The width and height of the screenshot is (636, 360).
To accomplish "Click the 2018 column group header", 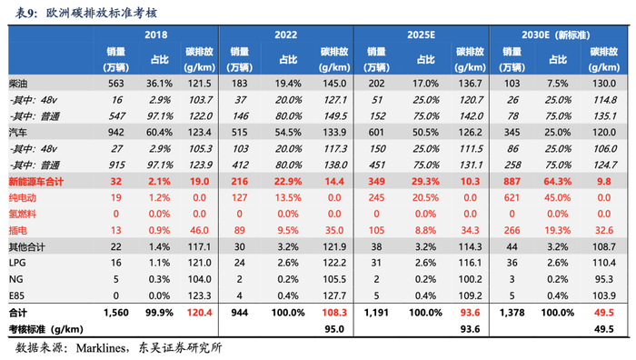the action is (x=155, y=35).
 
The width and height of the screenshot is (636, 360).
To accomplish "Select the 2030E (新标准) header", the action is (x=555, y=35).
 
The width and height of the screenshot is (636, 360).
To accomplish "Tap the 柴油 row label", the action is (x=18, y=84).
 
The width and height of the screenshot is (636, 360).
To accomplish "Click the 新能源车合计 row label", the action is (x=36, y=182).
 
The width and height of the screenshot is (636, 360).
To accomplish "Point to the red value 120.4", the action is (x=200, y=313).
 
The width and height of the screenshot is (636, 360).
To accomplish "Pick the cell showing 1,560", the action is (x=116, y=313).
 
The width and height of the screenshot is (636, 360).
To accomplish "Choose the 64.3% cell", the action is (x=557, y=182).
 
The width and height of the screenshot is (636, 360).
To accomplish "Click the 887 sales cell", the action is (x=512, y=182).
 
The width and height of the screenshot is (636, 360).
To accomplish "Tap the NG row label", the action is (x=15, y=279).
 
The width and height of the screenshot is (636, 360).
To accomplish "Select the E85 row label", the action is (x=16, y=295).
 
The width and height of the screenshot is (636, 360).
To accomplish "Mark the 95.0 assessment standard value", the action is (x=334, y=329).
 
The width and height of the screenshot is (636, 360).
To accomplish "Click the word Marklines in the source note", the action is (x=101, y=348).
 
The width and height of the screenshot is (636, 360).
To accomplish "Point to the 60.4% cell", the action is (x=159, y=133).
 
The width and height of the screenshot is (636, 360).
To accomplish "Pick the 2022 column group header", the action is (x=285, y=35).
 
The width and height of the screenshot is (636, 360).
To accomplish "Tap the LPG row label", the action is (x=17, y=263).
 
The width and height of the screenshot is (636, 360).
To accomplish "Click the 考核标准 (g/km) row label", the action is (x=45, y=329).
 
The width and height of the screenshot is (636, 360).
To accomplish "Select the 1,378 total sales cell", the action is (x=512, y=313).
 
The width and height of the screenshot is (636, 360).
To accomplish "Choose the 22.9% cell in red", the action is (x=288, y=182).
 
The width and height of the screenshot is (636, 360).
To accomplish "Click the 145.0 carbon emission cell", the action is (x=334, y=84).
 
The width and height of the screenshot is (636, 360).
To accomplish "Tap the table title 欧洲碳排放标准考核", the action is (x=102, y=13).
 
